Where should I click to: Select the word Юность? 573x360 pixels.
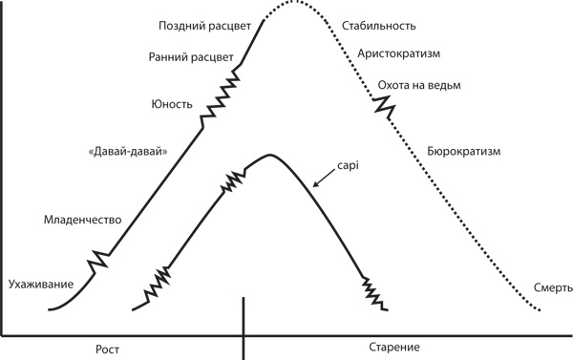coord(172,102)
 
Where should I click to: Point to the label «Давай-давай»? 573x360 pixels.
coord(120,152)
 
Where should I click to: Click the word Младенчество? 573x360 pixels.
coord(82,221)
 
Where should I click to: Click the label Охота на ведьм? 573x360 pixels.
coord(419,86)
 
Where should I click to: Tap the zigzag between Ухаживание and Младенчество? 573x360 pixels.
coord(99,259)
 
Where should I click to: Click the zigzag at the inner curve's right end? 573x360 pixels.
coord(373,293)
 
